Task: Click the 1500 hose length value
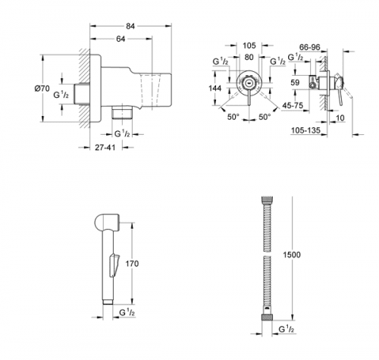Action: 293,254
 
